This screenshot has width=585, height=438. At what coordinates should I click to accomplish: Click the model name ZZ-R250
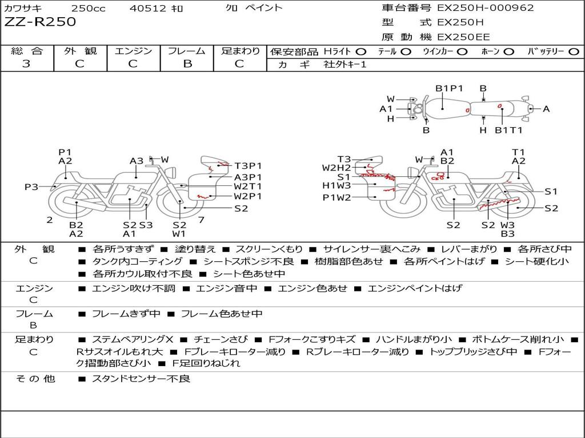[x=40, y=22]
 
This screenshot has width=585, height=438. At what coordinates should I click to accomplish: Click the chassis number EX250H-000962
[x=486, y=8]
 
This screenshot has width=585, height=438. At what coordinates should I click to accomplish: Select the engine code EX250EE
[x=463, y=37]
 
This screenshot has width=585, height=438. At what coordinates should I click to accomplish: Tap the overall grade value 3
[x=26, y=64]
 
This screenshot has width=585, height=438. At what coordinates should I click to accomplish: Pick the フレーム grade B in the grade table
[x=187, y=64]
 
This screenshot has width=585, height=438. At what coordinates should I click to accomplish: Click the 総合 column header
[x=26, y=51]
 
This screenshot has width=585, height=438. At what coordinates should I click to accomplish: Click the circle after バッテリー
[x=574, y=52]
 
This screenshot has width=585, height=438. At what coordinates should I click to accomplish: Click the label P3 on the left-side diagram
[x=31, y=187]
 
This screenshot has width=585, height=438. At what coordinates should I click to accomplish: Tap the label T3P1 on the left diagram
[x=247, y=167]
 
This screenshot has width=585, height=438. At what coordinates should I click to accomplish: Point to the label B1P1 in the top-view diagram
[x=449, y=88]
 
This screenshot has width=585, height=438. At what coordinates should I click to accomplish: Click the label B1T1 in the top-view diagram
[x=508, y=131]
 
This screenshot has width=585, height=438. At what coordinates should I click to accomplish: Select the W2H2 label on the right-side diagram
[x=336, y=168]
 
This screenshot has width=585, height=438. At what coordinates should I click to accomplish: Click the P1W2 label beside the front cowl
[x=336, y=198]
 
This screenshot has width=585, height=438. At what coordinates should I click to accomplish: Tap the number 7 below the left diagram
[x=201, y=220]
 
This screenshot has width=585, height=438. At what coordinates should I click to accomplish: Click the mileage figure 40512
[x=148, y=8]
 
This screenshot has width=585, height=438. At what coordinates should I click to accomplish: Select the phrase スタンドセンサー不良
[x=141, y=379]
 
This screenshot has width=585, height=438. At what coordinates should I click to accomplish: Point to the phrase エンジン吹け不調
[x=133, y=289]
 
